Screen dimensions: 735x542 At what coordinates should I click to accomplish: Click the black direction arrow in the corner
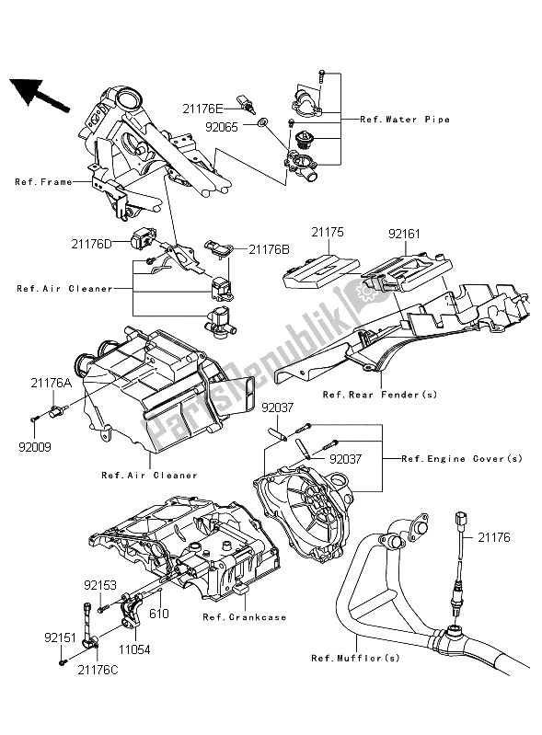click(39, 94)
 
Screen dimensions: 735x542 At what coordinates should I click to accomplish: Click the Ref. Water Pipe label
click(405, 120)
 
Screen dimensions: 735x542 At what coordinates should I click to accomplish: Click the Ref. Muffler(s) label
click(349, 658)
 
